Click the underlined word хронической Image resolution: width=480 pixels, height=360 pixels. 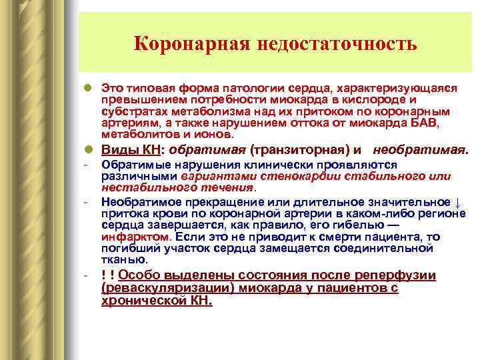pyautogui.click(x=145, y=301)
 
